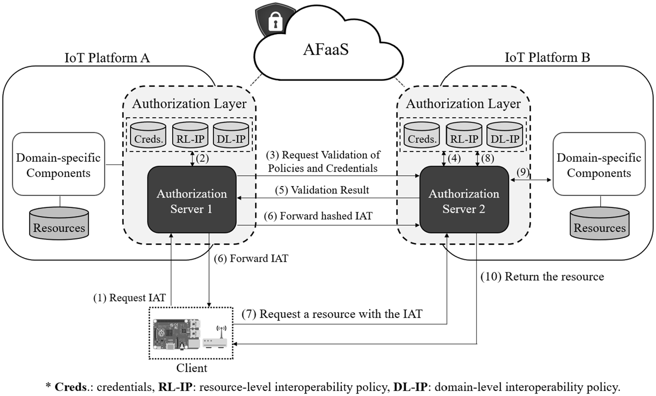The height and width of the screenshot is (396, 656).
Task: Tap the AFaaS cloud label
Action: click(326, 49)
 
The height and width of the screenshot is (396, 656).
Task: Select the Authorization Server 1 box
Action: click(192, 200)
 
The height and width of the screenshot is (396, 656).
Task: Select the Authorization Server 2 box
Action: click(464, 200)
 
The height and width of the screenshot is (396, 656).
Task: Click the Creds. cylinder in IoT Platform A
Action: click(148, 135)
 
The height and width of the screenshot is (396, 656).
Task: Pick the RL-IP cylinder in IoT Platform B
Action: click(464, 135)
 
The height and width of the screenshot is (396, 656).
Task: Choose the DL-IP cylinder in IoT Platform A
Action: click(231, 135)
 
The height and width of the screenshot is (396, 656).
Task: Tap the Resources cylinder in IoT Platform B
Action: click(599, 224)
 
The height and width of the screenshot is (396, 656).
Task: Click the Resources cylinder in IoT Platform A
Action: click(59, 224)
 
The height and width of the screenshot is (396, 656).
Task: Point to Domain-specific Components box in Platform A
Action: click(59, 164)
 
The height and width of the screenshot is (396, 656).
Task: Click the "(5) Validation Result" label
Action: click(322, 190)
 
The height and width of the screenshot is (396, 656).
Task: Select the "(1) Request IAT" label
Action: click(129, 298)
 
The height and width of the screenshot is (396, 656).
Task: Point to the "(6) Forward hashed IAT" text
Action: click(318, 216)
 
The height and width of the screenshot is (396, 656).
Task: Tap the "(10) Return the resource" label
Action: click(542, 277)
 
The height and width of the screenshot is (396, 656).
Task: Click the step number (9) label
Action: click(523, 172)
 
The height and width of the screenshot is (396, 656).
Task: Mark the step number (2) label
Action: click(202, 158)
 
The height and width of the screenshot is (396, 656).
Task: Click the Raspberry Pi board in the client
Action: click(176, 334)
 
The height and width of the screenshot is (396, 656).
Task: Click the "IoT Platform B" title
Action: click(547, 57)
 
